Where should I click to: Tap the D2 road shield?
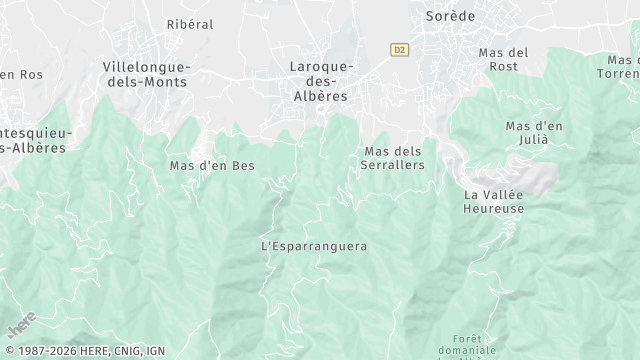pyautogui.click(x=401, y=48)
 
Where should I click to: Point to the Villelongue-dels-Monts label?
pyautogui.click(x=145, y=74)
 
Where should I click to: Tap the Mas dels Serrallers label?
pyautogui.click(x=391, y=158)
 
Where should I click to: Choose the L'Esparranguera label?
pyautogui.click(x=313, y=246)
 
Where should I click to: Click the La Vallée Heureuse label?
pyautogui.click(x=494, y=201)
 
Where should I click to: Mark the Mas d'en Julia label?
pyautogui.click(x=534, y=133)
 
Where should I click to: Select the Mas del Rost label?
pyautogui.click(x=503, y=59)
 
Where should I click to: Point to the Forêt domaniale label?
pyautogui.click(x=467, y=345)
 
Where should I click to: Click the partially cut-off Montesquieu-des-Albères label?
pyautogui.click(x=33, y=140)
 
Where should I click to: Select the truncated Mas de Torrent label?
pyautogui.click(x=619, y=66)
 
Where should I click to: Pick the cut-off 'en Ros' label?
pyautogui.click(x=20, y=75)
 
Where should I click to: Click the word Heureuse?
pyautogui.click(x=494, y=208)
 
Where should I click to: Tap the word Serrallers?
pyautogui.click(x=391, y=165)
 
